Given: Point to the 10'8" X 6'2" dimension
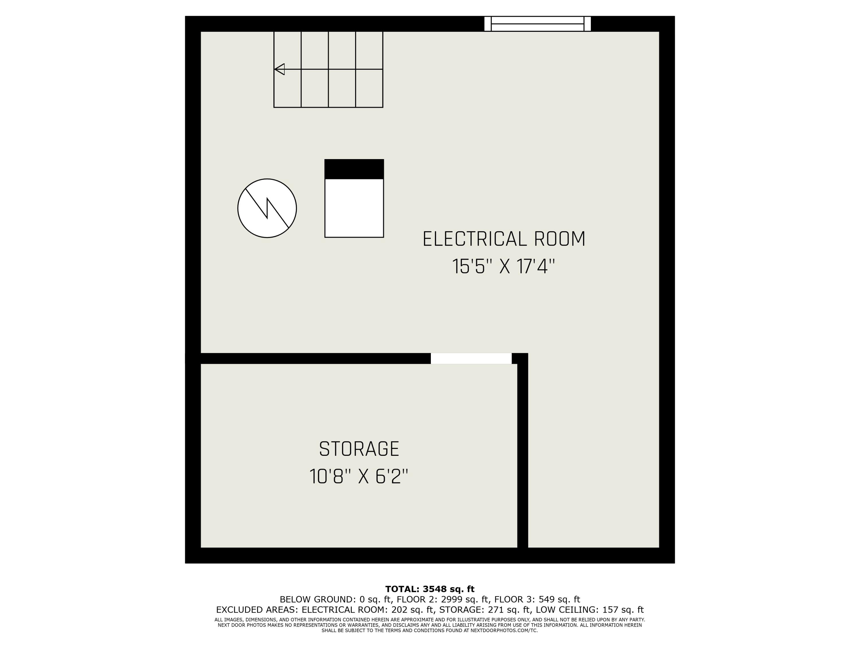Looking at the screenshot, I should [x=359, y=477].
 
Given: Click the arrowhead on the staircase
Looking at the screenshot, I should [x=280, y=69].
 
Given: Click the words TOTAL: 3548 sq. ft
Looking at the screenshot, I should [x=430, y=589].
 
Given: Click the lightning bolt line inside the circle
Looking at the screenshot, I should [x=267, y=208].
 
